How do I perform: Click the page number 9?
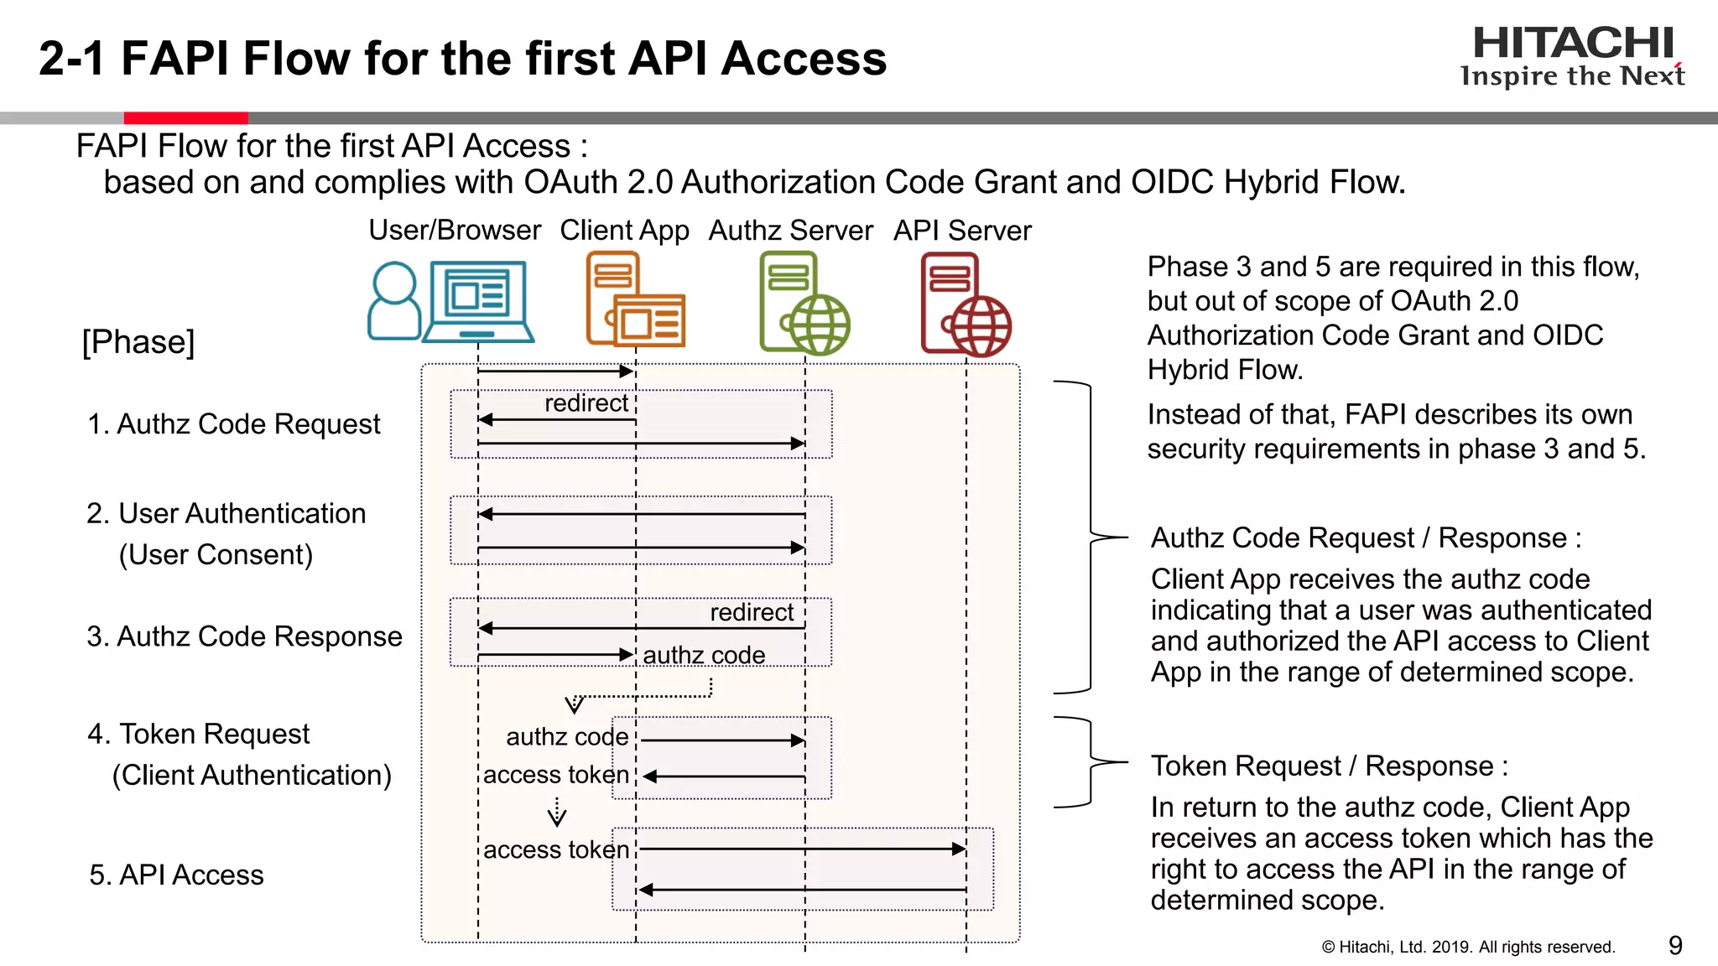click(x=1674, y=945)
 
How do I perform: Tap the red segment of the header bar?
click(x=185, y=118)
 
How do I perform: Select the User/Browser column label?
click(x=455, y=230)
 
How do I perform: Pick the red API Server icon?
click(x=965, y=304)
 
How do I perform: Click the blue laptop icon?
click(x=478, y=302)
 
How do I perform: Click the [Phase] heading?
click(x=138, y=342)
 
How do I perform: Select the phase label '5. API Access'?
click(x=176, y=875)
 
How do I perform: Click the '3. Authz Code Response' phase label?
click(x=244, y=636)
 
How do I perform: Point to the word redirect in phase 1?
click(x=586, y=403)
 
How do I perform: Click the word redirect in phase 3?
click(x=751, y=612)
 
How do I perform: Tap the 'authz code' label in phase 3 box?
click(x=704, y=655)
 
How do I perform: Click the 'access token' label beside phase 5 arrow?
click(x=556, y=849)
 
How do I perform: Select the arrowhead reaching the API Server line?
click(x=959, y=849)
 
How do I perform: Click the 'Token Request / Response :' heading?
click(x=1329, y=766)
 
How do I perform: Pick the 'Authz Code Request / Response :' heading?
click(x=1365, y=538)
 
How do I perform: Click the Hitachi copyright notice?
click(x=1468, y=947)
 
